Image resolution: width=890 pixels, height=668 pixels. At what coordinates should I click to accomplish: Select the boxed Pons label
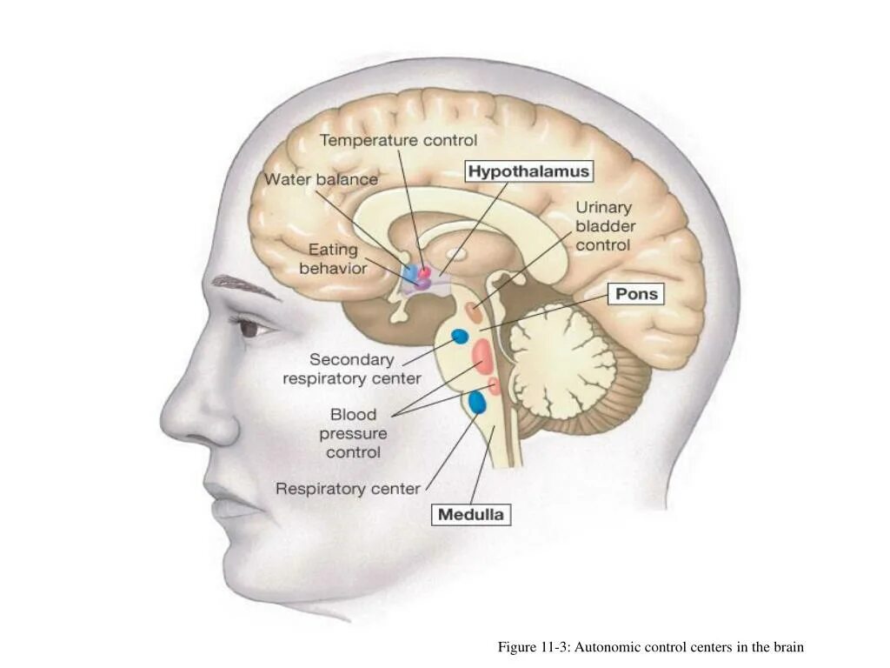(637, 294)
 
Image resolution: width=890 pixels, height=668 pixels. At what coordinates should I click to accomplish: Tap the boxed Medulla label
(470, 514)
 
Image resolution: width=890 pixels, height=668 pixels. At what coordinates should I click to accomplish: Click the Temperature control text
(398, 139)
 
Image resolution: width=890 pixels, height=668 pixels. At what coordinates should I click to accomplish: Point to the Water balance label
(321, 179)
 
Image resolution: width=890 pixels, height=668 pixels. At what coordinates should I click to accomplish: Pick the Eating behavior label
(333, 259)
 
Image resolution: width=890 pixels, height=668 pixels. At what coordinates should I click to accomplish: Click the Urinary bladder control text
(603, 226)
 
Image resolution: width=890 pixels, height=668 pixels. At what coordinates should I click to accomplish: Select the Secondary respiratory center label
(352, 369)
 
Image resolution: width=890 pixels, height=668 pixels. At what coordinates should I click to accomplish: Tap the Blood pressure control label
(353, 433)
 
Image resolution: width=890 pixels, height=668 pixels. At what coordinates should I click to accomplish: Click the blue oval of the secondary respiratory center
(459, 336)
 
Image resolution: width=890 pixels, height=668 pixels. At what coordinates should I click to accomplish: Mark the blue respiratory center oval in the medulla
(477, 402)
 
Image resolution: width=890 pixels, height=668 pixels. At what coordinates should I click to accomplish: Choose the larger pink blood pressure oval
(483, 354)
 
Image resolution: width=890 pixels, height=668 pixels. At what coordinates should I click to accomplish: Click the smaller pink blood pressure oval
(495, 385)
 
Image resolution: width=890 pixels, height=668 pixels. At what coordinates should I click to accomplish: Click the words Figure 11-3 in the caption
(532, 647)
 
